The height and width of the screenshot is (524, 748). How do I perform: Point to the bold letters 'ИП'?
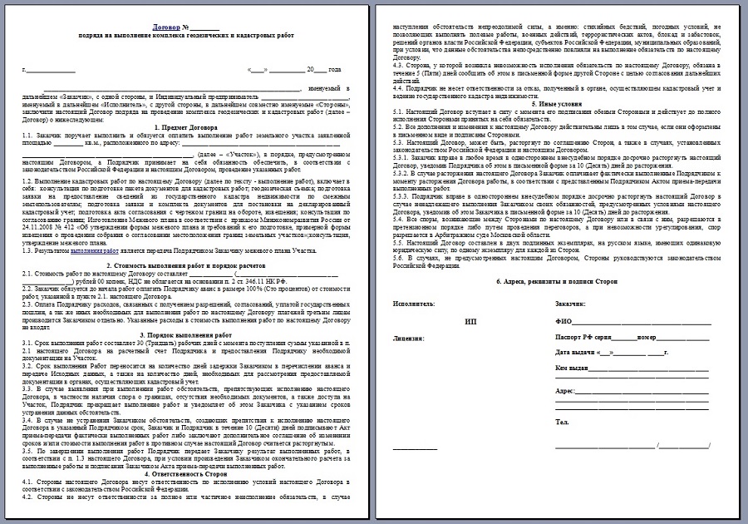[470, 321]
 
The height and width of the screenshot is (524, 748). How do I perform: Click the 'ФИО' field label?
[563, 321]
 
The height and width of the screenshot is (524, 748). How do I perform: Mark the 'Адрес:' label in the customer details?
[565, 390]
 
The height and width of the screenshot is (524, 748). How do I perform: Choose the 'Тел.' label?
[561, 423]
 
